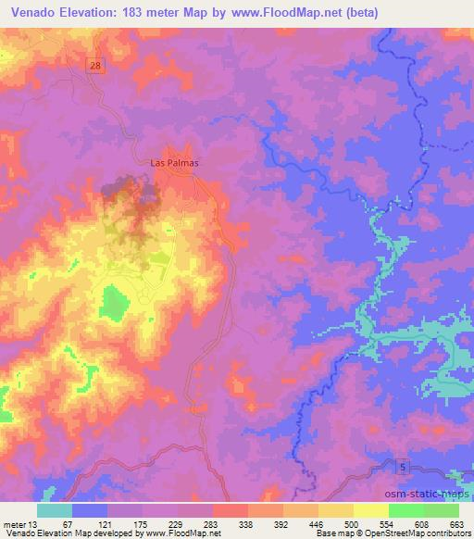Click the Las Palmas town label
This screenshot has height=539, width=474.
tap(175, 161)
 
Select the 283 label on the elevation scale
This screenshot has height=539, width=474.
tap(213, 523)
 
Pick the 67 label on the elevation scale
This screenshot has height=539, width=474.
tap(72, 523)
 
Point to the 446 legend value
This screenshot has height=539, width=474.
tap(318, 523)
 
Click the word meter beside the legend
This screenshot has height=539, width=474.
tap(15, 523)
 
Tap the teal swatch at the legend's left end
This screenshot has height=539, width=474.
tap(55, 510)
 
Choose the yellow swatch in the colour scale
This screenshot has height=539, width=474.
tap(370, 510)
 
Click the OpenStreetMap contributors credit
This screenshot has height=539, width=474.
tap(411, 533)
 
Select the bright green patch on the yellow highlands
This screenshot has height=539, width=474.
tap(114, 301)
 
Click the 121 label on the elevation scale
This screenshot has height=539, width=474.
tap(107, 523)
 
